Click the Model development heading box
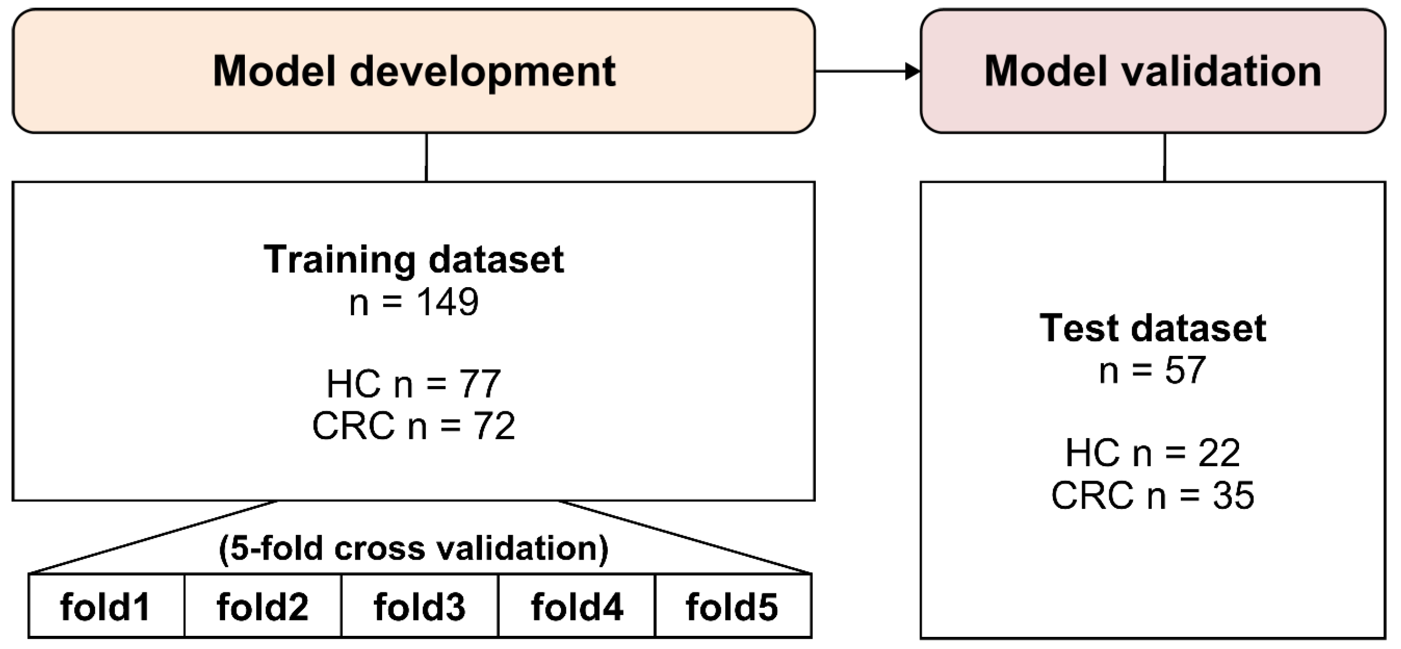[413, 71]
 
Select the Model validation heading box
[1152, 71]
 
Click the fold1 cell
[106, 606]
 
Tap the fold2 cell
[262, 606]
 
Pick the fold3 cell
[419, 606]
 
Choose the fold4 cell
[576, 606]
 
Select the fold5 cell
[732, 606]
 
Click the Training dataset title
[413, 259]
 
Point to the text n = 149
[413, 301]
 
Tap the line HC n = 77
[413, 383]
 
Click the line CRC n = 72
[413, 426]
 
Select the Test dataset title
[1152, 328]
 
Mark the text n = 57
[1152, 370]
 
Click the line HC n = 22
[1152, 452]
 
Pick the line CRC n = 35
[1152, 495]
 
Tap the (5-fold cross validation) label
[413, 548]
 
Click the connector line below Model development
[426, 157]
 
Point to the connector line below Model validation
[1164, 157]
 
